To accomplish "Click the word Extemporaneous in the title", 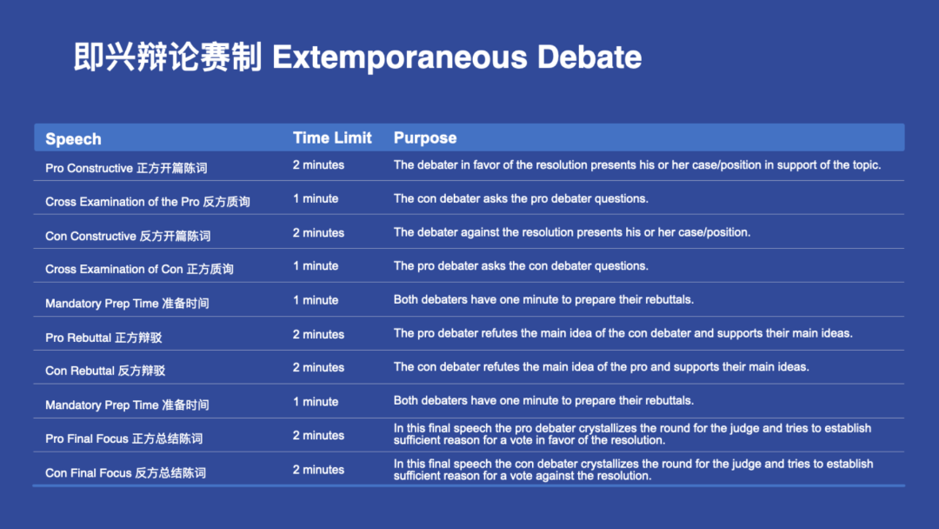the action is [400, 58].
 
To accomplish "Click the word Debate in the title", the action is [589, 57].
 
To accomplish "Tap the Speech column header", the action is [73, 139].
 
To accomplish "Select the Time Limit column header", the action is [332, 137].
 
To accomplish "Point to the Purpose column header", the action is [425, 138].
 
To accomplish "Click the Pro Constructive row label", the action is [126, 168].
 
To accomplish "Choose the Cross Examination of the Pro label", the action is [147, 202].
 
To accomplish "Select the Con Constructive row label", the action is [128, 236].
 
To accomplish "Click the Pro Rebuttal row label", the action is [103, 338].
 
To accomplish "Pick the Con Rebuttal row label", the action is [105, 371].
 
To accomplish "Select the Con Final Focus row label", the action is [126, 473].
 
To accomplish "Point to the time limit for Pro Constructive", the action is [318, 165].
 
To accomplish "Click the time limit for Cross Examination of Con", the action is [316, 266].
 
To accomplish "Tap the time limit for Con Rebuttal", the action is [318, 368].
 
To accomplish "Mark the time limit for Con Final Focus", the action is [318, 471].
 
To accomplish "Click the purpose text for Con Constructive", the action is [572, 232].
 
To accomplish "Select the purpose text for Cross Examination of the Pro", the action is [521, 199].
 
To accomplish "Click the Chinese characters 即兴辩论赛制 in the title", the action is [168, 57].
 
